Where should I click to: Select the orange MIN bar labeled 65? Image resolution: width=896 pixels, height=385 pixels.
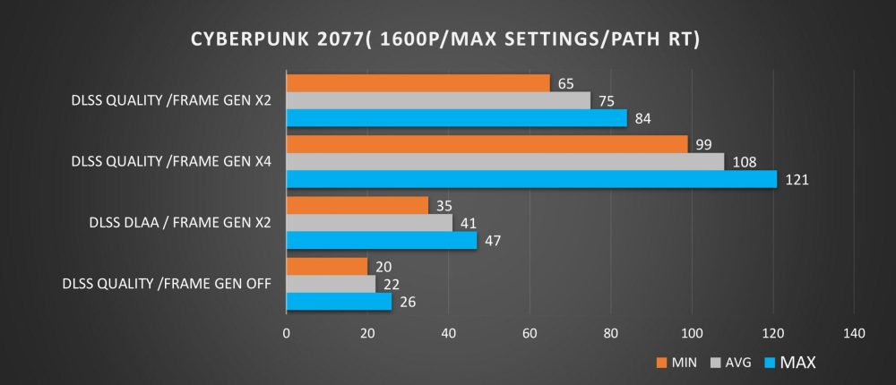418,83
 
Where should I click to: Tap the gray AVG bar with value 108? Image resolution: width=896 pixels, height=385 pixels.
504,162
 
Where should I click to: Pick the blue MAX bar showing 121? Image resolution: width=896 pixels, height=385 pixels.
531,179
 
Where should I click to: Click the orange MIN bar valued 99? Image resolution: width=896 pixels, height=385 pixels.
487,144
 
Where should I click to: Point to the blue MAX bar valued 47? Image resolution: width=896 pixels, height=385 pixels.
381,240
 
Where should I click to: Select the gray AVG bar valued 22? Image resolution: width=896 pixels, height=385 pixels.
331,284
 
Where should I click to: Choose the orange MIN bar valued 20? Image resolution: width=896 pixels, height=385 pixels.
326,266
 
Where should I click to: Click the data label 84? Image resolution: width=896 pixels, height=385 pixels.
642,118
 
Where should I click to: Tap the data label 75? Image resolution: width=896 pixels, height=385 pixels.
605,101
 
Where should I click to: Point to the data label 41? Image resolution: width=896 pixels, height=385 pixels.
467,223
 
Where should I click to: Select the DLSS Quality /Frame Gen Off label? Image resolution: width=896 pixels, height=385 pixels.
168,284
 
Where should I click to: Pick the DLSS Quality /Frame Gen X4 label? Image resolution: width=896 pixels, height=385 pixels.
172,162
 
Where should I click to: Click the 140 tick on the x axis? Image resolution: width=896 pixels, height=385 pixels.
854,333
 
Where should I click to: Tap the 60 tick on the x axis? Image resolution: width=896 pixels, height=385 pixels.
530,333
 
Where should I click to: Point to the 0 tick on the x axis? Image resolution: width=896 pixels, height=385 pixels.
286,333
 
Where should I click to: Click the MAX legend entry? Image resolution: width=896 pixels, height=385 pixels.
789,362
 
